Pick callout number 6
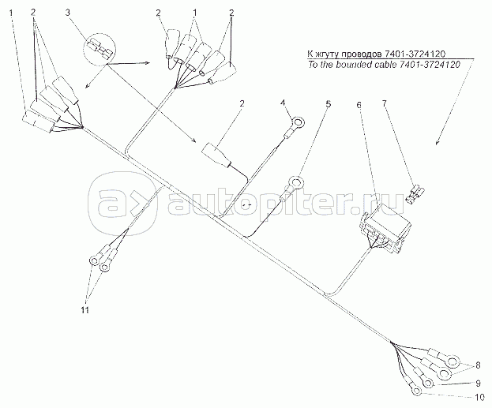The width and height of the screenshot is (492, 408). tap(359, 103)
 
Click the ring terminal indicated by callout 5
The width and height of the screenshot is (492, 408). tap(296, 183)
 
